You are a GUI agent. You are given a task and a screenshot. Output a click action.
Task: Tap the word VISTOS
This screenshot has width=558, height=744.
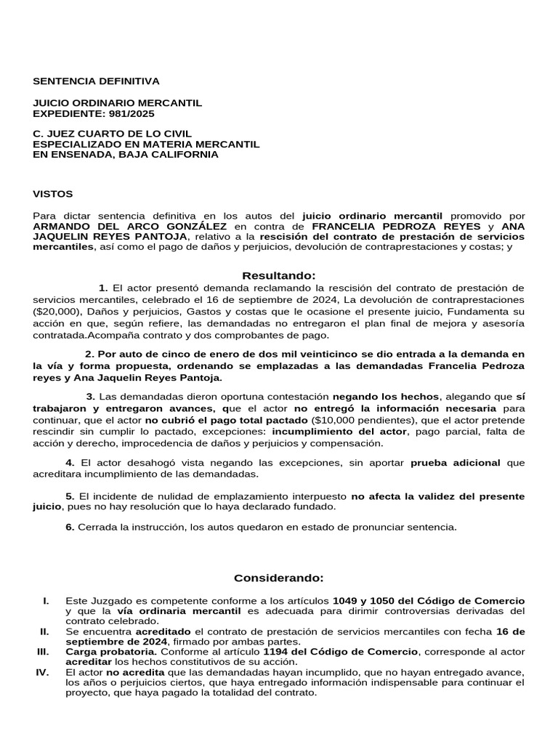click(53, 194)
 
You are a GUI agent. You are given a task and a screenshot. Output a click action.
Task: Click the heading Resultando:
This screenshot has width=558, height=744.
click(279, 275)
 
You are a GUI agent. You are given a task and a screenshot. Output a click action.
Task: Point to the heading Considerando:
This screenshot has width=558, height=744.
click(279, 578)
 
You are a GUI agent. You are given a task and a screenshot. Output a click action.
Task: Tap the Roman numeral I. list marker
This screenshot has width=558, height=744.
click(46, 601)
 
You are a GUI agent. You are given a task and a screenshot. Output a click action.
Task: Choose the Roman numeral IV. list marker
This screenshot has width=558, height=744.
click(41, 672)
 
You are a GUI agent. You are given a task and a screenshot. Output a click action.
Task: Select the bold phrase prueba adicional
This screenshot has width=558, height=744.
click(456, 463)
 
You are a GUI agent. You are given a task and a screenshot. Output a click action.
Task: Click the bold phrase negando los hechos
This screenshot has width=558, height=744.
click(386, 397)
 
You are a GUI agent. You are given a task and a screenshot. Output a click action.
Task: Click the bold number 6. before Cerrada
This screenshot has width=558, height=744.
click(70, 527)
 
